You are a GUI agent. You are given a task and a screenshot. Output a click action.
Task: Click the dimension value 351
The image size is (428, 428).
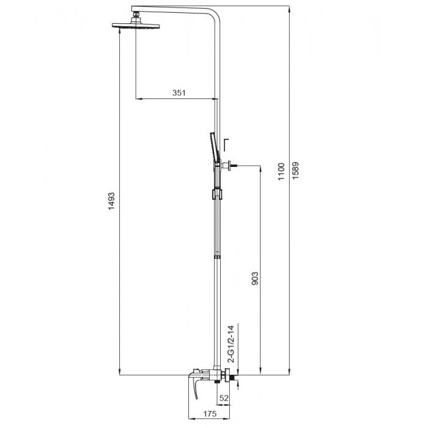coord(179,92)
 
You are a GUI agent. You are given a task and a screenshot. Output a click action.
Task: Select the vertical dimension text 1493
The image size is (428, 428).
coord(112,202)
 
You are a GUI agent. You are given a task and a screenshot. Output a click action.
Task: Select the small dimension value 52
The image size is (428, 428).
coord(223,398)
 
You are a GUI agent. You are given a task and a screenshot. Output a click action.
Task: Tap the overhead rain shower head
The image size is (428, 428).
coord(135,26)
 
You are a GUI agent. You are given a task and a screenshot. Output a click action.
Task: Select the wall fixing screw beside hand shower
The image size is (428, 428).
coord(232,164)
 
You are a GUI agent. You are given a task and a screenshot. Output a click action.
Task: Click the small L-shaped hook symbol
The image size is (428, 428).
coord(226,143)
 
